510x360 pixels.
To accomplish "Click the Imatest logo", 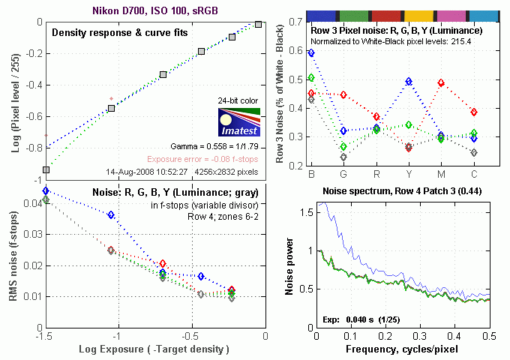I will (238, 121).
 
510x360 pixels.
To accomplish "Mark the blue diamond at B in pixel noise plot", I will (311, 52).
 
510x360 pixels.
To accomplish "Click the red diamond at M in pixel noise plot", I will (441, 83).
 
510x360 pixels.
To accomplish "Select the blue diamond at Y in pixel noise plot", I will (409, 81).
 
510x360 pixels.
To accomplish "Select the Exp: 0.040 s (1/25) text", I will (361, 320).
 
